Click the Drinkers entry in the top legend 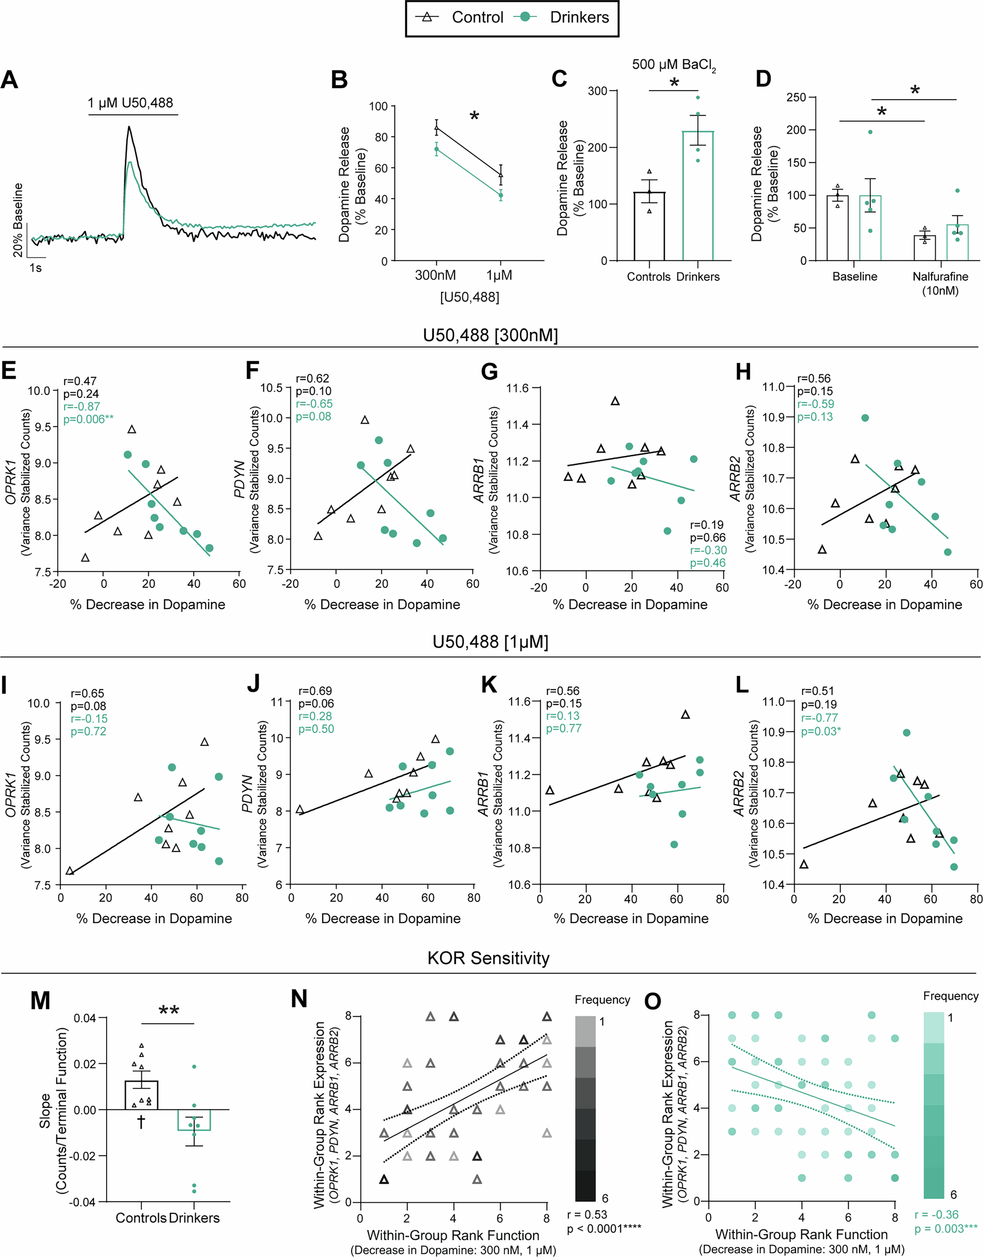(x=578, y=18)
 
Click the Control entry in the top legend (x=477, y=18)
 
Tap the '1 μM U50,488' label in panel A (x=130, y=103)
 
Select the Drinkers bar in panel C (x=697, y=196)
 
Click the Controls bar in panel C (x=649, y=226)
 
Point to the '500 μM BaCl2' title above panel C (x=673, y=65)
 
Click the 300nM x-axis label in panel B (x=435, y=275)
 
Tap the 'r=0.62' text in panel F (x=313, y=379)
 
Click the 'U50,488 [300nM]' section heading (x=490, y=335)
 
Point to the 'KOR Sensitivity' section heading (x=488, y=958)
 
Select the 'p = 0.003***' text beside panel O (x=947, y=1229)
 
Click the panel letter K (x=489, y=684)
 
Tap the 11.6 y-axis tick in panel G (x=517, y=389)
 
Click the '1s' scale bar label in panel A (x=36, y=268)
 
